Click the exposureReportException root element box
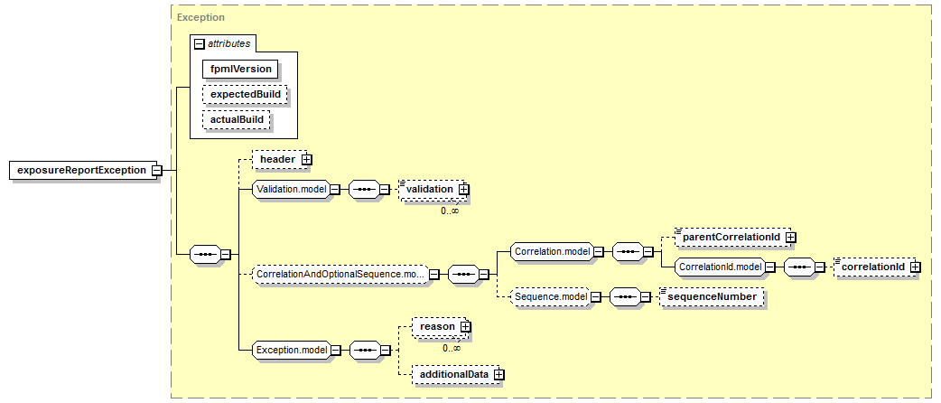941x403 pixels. tap(81, 170)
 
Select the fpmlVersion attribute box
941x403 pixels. tap(240, 69)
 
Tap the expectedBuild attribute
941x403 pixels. tap(245, 94)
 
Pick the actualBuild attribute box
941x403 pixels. tap(237, 119)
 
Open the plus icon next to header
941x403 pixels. tap(307, 160)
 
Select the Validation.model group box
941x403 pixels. tap(292, 189)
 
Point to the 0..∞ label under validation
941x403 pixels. tap(450, 211)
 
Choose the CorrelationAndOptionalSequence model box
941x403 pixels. tap(340, 275)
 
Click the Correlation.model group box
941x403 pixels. tap(552, 252)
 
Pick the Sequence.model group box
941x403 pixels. tap(549, 297)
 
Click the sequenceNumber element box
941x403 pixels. tap(712, 297)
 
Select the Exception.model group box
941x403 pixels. tap(292, 350)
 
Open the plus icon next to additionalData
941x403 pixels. tap(499, 375)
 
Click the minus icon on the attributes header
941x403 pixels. tap(200, 44)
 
